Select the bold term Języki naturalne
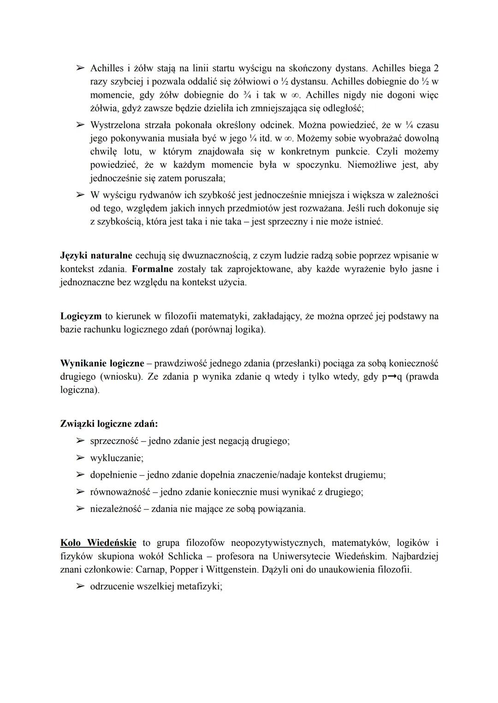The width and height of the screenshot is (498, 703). (96, 255)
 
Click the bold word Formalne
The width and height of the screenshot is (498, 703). (152, 269)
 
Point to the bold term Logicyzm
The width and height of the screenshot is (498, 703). (81, 316)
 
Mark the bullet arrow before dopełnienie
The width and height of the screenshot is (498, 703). (80, 475)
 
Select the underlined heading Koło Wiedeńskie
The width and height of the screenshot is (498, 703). (98, 543)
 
